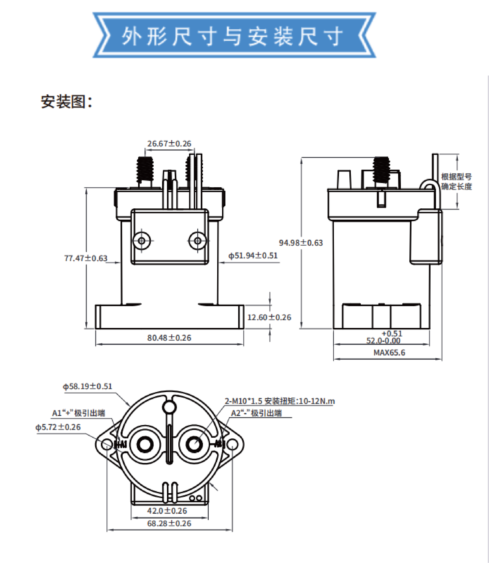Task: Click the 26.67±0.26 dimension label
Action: point(169,144)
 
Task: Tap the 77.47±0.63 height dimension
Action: point(86,258)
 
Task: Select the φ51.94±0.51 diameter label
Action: point(253,256)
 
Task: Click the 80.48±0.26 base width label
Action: point(169,338)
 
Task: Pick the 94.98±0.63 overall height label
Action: point(301,243)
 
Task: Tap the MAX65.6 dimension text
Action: point(389,353)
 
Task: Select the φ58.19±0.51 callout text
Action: point(87,386)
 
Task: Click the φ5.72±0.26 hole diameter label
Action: point(58,427)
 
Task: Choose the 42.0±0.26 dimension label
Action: point(167,511)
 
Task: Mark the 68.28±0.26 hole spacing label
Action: point(169,523)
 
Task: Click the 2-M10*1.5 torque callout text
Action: point(280,401)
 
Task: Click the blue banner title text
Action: point(232,36)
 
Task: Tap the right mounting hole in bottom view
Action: point(232,445)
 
